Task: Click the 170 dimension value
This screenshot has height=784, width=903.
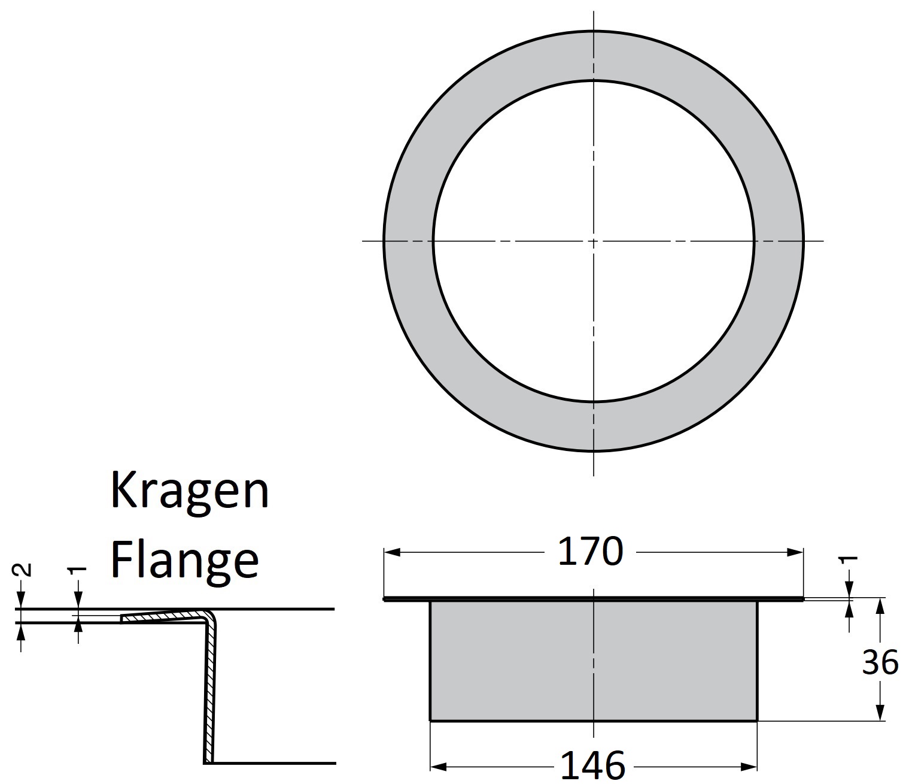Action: [x=590, y=552]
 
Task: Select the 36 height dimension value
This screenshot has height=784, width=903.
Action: [x=880, y=662]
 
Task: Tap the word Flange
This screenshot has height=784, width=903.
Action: [x=185, y=559]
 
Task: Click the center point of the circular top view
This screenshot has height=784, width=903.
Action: [x=593, y=241]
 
